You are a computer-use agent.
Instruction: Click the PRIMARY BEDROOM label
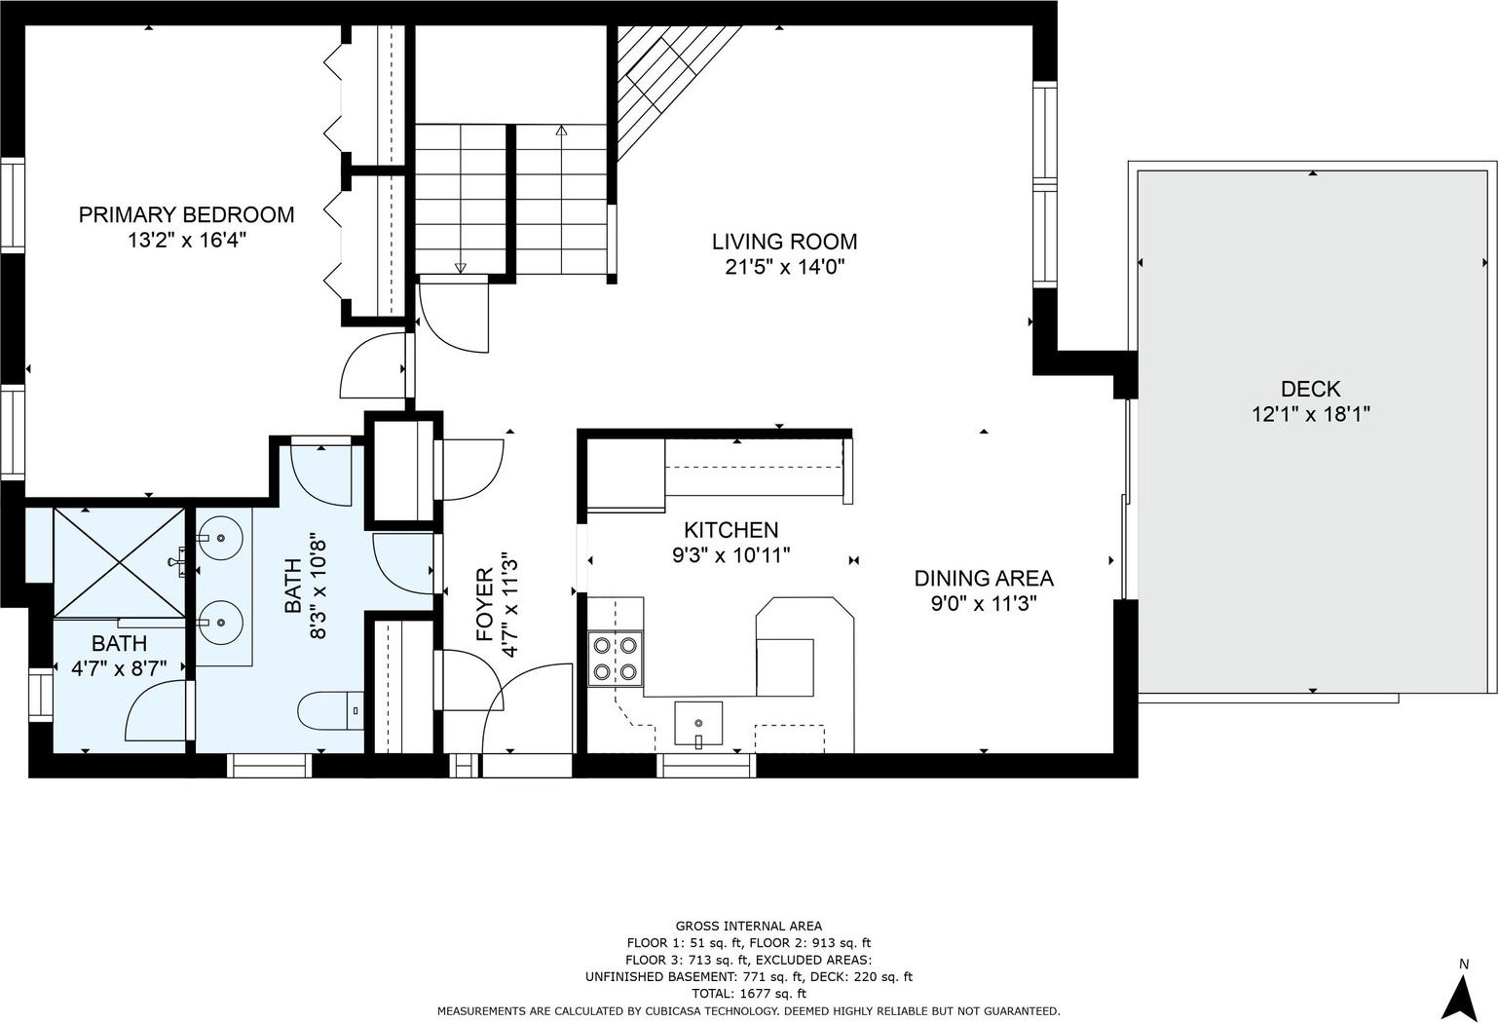187,214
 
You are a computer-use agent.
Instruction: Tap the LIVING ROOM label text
784,242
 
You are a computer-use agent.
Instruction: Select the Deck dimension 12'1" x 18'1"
1311,415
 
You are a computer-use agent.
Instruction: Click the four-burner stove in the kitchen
616,659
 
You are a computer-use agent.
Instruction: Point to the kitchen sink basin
698,723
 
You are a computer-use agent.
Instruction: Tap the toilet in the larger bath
330,710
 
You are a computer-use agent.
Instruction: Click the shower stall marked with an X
119,562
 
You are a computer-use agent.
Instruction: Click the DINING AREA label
984,578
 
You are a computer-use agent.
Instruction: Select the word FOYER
485,605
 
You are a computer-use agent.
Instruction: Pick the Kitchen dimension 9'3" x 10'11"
730,555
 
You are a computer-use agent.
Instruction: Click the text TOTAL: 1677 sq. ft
748,994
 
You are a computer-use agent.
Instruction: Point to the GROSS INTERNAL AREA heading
748,926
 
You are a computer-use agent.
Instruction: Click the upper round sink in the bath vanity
220,538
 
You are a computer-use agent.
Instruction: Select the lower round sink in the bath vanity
220,623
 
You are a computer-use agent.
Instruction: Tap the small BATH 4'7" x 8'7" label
119,656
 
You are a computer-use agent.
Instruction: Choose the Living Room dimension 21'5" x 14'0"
785,268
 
